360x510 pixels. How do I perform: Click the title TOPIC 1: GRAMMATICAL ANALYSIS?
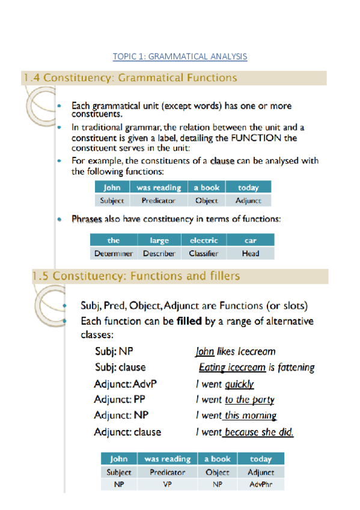(x=180, y=57)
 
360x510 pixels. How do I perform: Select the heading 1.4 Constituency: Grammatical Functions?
(x=130, y=78)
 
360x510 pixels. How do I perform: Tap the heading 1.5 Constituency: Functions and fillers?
(x=136, y=276)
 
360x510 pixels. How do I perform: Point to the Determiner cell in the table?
(x=113, y=254)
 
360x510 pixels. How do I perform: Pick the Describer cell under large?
(x=159, y=254)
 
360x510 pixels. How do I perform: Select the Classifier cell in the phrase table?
(x=203, y=254)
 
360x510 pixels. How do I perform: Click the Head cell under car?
(x=250, y=254)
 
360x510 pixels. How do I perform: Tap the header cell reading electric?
(x=203, y=241)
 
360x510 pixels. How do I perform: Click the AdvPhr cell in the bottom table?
(x=260, y=484)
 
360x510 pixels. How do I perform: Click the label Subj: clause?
(x=120, y=367)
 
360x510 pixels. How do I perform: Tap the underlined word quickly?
(x=239, y=384)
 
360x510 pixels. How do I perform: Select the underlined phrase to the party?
(x=249, y=399)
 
